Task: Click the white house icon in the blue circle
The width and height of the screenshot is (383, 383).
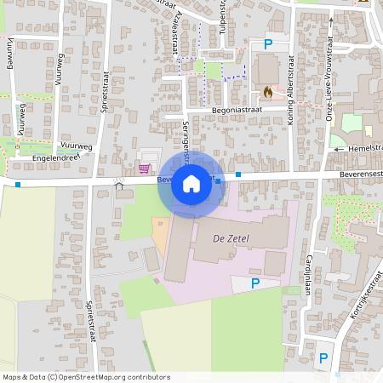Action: (191, 183)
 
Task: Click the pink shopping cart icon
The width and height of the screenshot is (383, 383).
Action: (145, 168)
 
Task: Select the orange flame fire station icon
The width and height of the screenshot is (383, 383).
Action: (267, 91)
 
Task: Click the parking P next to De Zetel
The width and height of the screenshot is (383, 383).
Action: (255, 283)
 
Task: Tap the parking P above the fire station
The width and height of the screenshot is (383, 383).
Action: (269, 45)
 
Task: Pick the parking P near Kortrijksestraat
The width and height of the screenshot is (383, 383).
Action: (323, 358)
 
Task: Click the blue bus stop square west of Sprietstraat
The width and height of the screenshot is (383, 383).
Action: (18, 184)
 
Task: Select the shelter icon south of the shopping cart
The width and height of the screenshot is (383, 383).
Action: (118, 183)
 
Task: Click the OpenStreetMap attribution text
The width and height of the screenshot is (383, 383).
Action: (86, 377)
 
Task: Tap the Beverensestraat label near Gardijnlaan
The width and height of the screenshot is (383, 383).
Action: (358, 172)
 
